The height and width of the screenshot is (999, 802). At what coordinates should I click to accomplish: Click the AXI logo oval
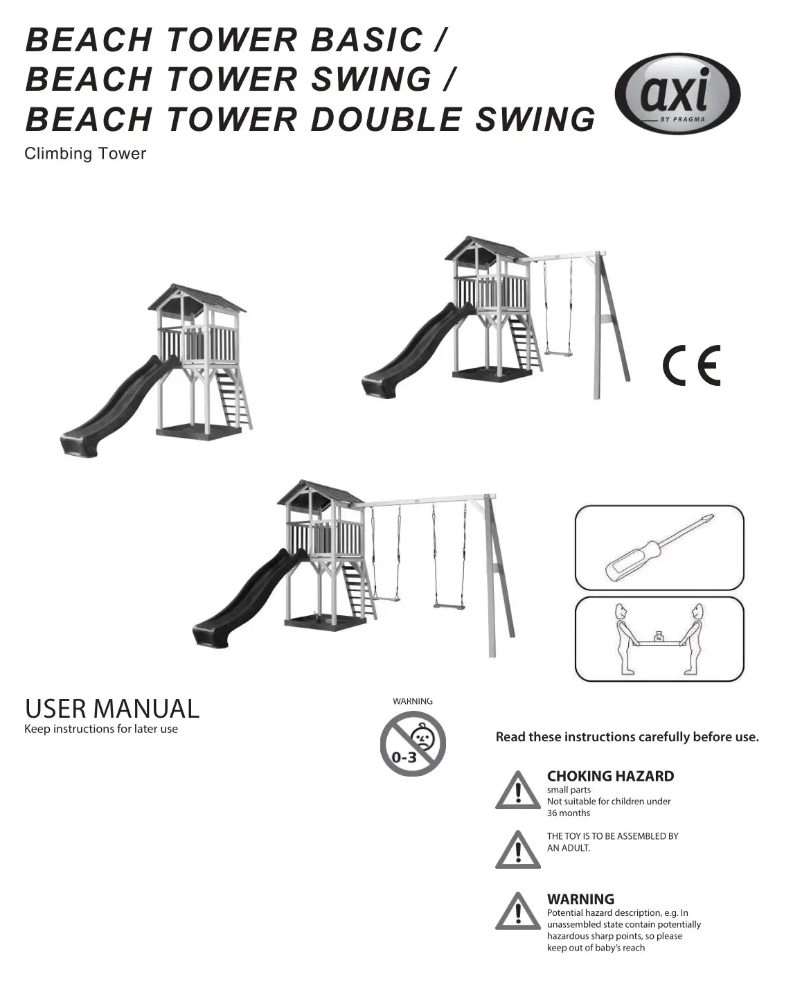click(677, 94)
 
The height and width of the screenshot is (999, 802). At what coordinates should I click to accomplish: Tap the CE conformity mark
click(691, 366)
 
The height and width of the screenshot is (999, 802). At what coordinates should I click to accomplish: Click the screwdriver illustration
click(658, 547)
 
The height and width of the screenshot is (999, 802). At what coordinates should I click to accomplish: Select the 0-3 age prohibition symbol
click(413, 744)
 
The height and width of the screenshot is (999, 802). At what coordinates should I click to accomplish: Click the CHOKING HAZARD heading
click(610, 776)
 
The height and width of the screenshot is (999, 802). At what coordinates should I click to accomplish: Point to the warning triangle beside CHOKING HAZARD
click(518, 791)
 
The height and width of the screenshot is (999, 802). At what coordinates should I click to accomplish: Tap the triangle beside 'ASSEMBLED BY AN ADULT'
click(518, 850)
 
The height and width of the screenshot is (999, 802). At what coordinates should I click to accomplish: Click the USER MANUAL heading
click(112, 709)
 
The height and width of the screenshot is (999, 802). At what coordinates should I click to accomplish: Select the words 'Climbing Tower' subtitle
click(85, 154)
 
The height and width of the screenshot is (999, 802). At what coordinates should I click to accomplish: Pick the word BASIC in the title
click(366, 39)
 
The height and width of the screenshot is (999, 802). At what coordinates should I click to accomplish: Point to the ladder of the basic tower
click(235, 398)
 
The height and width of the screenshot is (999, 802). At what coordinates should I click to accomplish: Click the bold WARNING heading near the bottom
click(580, 899)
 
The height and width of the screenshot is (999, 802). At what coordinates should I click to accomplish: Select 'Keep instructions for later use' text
click(101, 729)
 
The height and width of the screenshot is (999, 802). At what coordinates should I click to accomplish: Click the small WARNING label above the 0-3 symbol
click(413, 701)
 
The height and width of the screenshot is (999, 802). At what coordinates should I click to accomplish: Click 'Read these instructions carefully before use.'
click(627, 737)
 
